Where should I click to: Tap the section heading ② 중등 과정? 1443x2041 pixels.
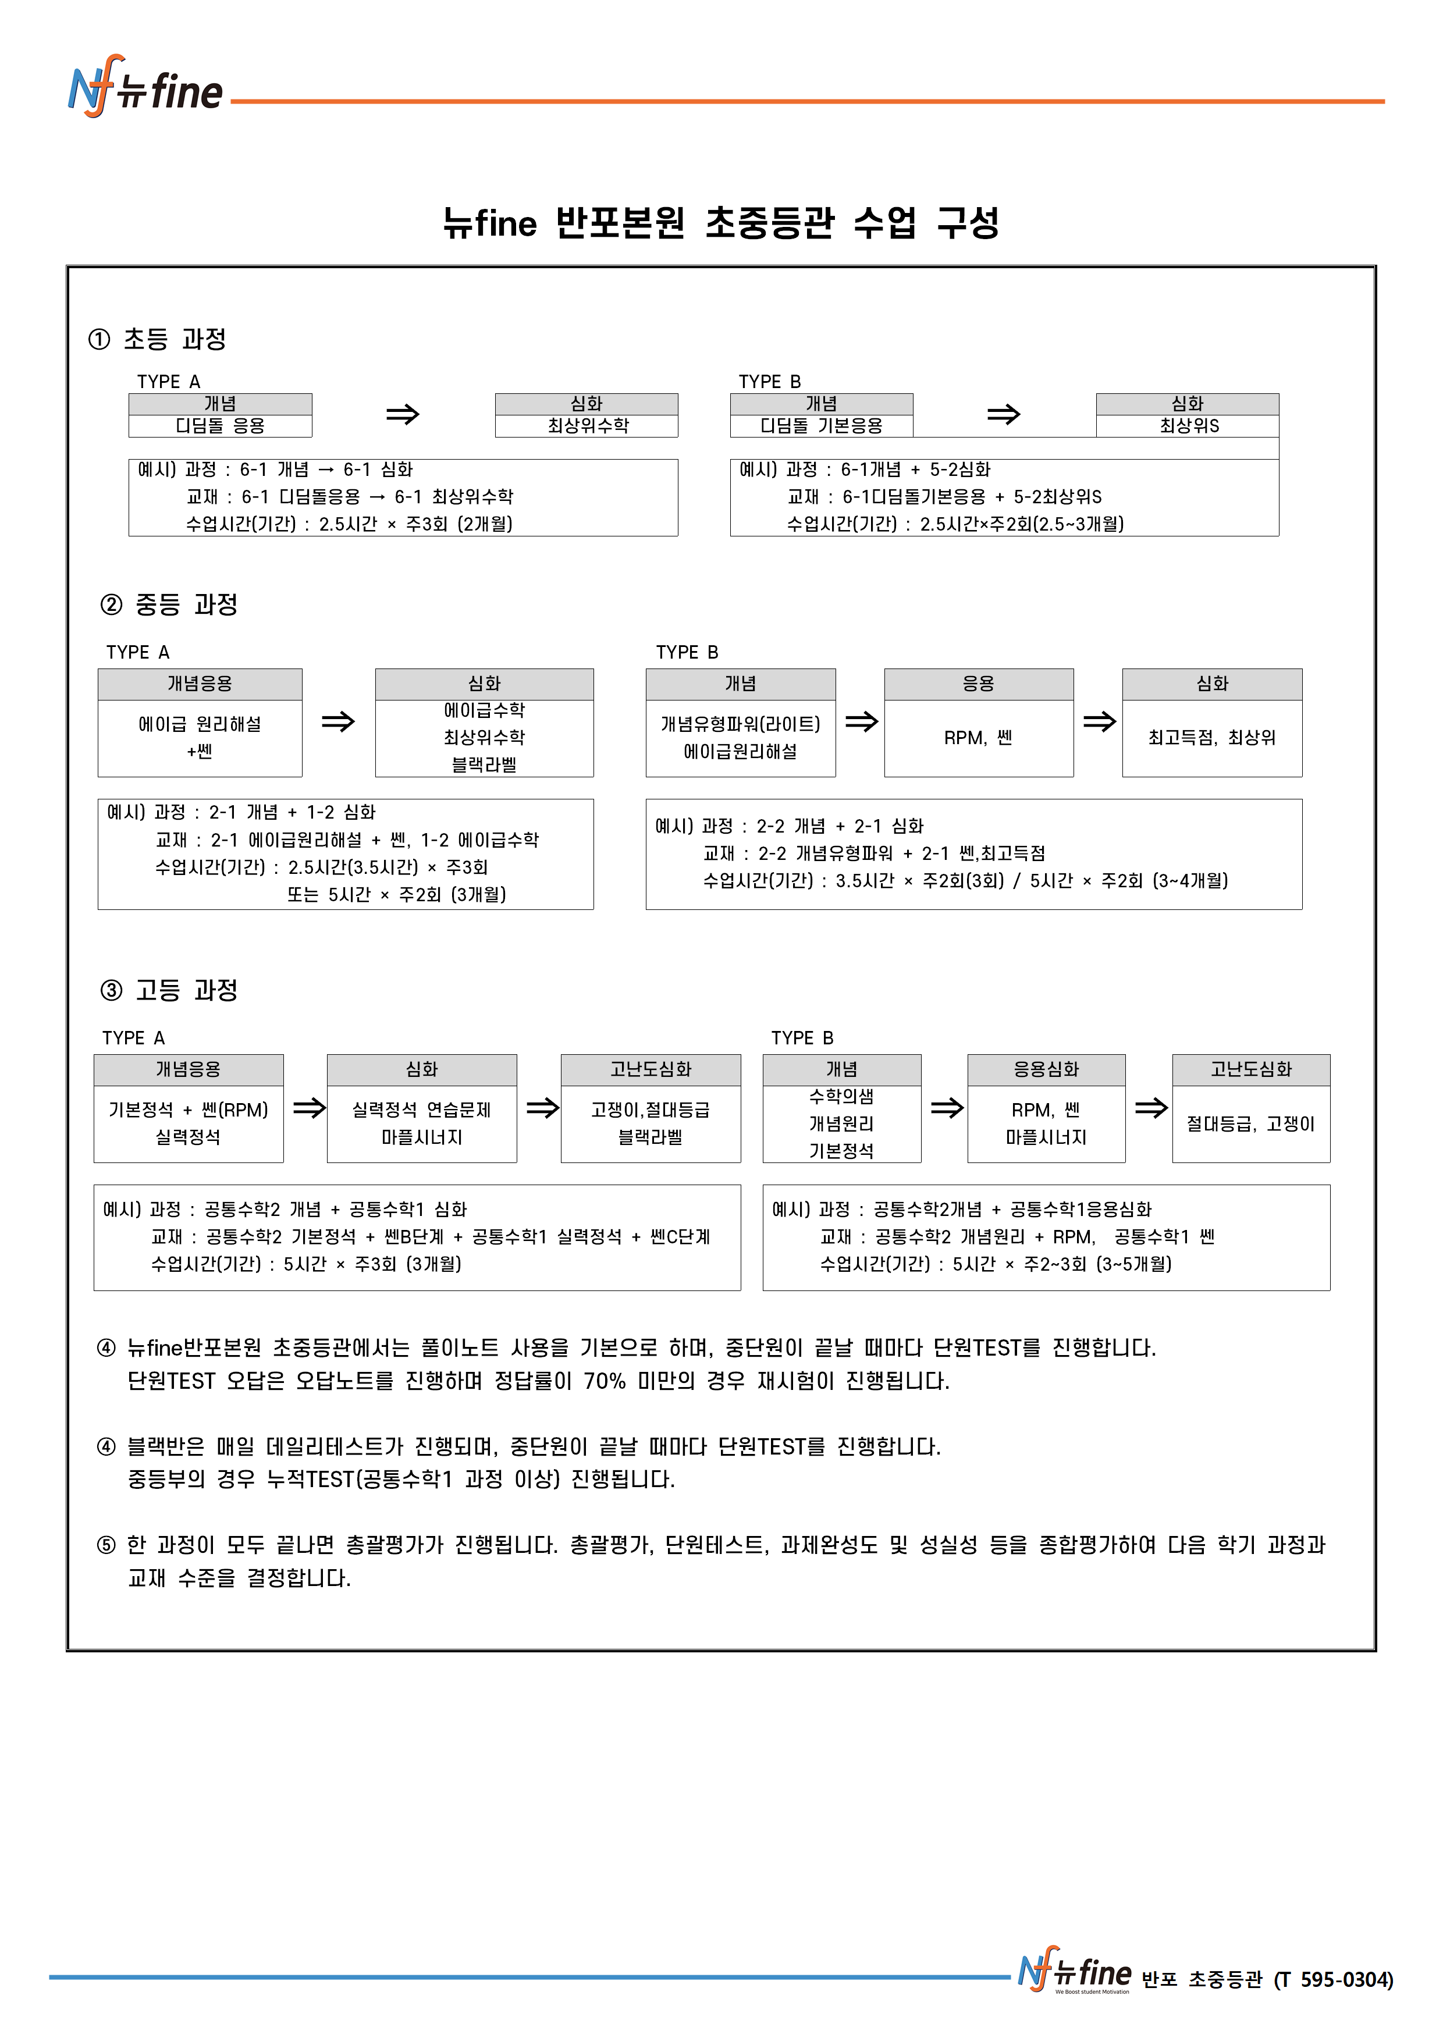point(169,605)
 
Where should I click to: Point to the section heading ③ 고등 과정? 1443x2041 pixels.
point(169,990)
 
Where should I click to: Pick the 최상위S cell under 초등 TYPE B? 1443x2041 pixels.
point(1188,426)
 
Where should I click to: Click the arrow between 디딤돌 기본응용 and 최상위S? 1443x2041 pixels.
point(1004,414)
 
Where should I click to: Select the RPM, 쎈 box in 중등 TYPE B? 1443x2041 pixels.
point(978,738)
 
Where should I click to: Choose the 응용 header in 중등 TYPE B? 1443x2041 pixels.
point(978,684)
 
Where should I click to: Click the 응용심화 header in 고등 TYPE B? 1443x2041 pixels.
point(1046,1069)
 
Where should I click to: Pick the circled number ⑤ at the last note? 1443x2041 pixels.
point(106,1545)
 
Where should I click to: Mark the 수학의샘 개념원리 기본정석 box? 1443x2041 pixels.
point(841,1123)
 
